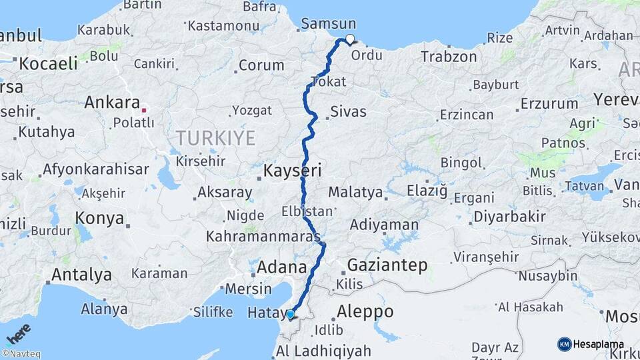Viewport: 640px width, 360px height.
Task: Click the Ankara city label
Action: click(112, 103)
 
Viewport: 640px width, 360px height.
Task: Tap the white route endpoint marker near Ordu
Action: click(349, 39)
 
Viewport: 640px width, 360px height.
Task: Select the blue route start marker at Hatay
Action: click(290, 314)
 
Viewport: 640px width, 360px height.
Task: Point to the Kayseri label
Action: click(292, 171)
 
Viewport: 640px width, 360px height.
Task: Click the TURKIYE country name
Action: click(215, 138)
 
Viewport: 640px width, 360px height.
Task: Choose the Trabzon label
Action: click(449, 57)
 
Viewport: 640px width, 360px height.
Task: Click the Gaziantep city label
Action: click(387, 265)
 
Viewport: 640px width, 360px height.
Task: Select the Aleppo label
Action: click(365, 311)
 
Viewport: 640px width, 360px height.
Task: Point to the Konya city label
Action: click(99, 218)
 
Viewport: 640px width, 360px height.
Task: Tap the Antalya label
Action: click(81, 275)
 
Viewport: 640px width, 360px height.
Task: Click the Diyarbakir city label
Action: click(509, 217)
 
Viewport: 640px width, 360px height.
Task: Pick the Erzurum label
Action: click(549, 104)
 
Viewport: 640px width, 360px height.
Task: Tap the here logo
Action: click(18, 333)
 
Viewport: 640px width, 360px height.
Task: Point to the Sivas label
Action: click(349, 111)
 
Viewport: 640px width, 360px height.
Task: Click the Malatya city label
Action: click(355, 193)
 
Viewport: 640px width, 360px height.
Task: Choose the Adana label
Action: click(282, 267)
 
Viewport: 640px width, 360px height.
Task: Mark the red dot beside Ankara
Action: click(143, 109)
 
